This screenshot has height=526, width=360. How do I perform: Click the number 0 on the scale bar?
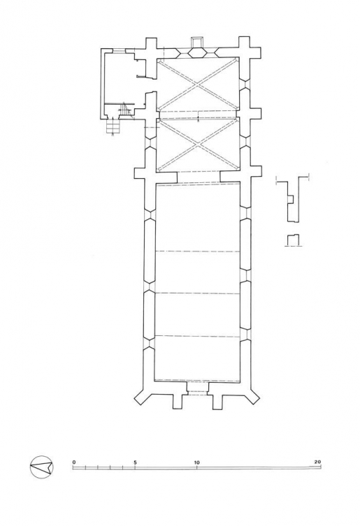pyautogui.click(x=74, y=462)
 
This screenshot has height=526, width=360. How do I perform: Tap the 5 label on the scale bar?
pyautogui.click(x=135, y=462)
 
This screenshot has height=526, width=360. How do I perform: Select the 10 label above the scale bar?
pyautogui.click(x=196, y=462)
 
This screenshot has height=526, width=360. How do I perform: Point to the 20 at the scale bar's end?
pyautogui.click(x=317, y=462)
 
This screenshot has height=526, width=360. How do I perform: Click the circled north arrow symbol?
pyautogui.click(x=42, y=467)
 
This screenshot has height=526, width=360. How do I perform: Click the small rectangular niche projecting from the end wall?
pyautogui.click(x=197, y=42)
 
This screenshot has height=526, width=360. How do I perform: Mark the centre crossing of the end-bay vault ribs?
pyautogui.click(x=198, y=85)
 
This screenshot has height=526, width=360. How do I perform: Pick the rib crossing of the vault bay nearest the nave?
pyautogui.click(x=198, y=145)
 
